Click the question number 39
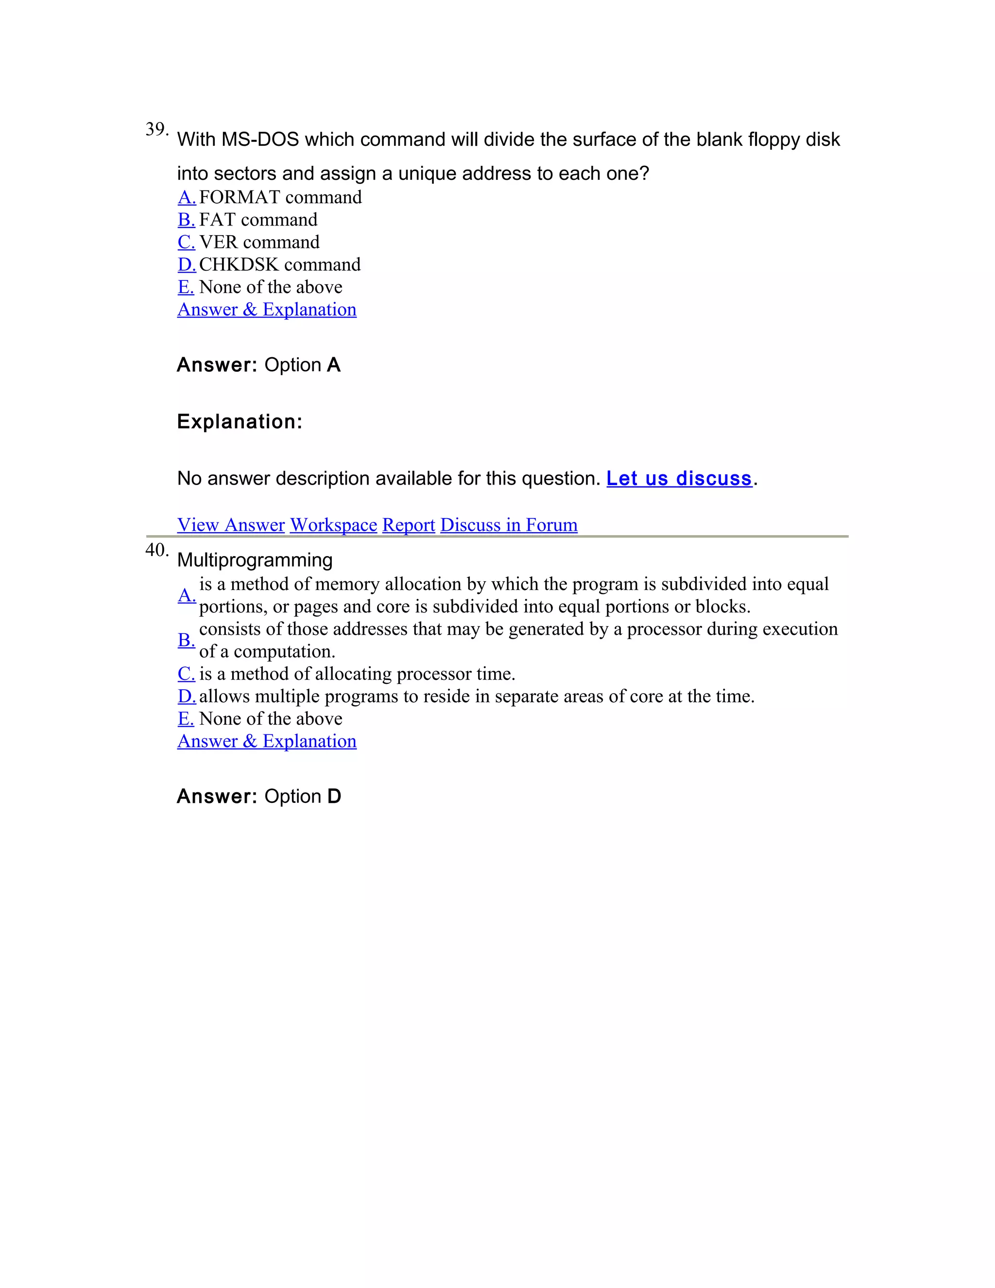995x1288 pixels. point(156,129)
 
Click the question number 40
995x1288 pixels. point(156,550)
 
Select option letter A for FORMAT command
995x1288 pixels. point(186,197)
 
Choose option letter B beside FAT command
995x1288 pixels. point(186,219)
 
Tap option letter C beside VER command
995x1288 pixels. point(186,242)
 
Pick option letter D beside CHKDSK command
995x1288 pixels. point(186,264)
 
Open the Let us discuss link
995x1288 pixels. point(679,478)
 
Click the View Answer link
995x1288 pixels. point(231,525)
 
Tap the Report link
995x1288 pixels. point(409,525)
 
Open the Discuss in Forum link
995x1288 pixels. point(509,525)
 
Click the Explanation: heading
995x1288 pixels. point(240,422)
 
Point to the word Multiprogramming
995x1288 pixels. point(255,559)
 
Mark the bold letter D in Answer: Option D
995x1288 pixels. point(334,796)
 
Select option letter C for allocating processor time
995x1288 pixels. point(186,674)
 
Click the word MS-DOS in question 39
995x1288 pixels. point(260,140)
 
